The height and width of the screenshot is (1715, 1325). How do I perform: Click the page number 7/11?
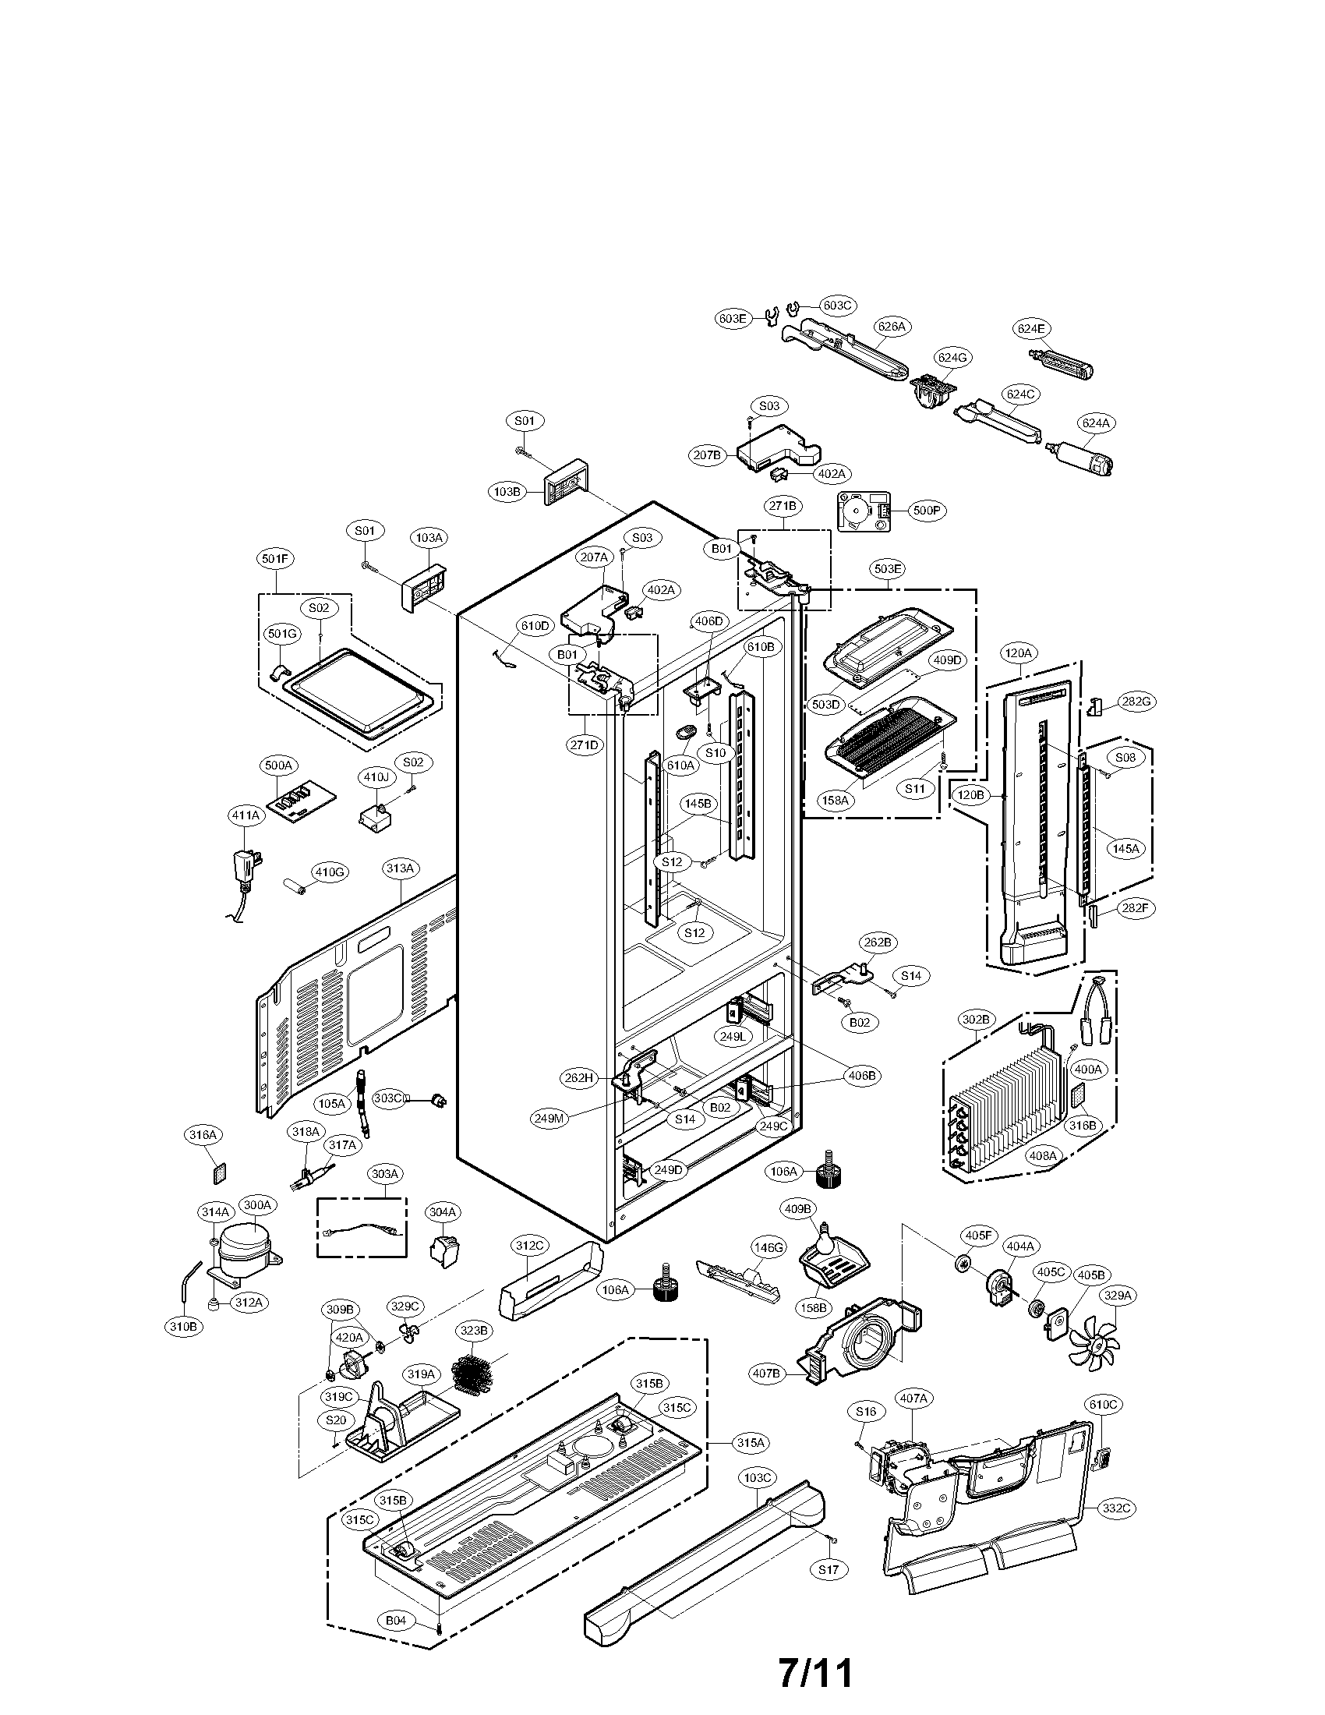(814, 1674)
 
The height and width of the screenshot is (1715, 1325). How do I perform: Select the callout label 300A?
(257, 1226)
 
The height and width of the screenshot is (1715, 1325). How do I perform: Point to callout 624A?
(1096, 423)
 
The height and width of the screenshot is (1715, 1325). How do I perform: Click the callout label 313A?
(401, 868)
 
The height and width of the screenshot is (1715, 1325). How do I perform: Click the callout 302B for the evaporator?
(977, 1020)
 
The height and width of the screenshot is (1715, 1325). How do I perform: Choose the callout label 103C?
(758, 1478)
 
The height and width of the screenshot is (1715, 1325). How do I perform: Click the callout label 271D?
(584, 745)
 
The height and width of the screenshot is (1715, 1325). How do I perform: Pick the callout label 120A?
(1019, 652)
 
